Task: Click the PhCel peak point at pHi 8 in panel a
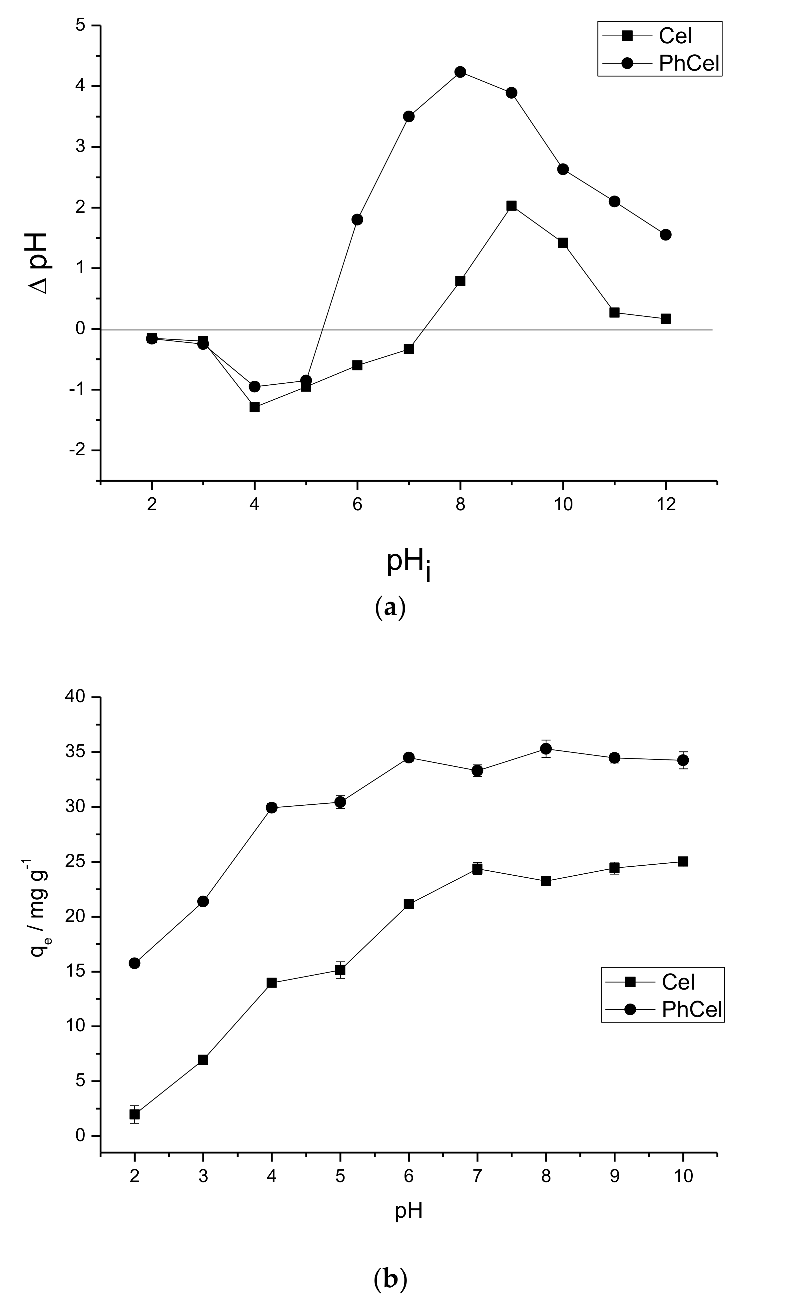point(460,72)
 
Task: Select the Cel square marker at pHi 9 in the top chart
point(511,206)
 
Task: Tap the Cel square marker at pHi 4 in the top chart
point(254,407)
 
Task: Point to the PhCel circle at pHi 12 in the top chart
point(665,234)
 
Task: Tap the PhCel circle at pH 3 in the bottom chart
point(203,901)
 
